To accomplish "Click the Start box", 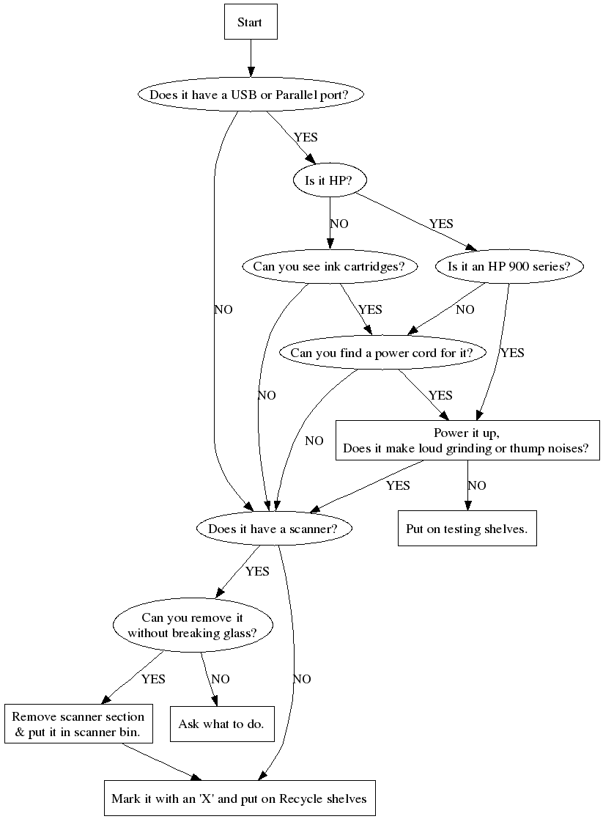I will click(x=250, y=22).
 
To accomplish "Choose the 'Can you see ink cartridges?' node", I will click(x=329, y=266).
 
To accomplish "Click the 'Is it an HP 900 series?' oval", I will click(x=508, y=266).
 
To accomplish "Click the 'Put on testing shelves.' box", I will click(x=467, y=528).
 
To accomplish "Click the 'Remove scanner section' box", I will click(x=78, y=724).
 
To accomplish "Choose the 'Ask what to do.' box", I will click(x=221, y=724).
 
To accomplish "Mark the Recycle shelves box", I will click(x=239, y=798).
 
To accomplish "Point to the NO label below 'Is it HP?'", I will click(x=339, y=224).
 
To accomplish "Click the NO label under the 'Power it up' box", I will click(x=476, y=485).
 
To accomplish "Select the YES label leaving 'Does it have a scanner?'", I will click(x=257, y=571).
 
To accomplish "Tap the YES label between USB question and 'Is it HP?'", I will click(x=306, y=137).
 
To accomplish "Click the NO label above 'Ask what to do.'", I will click(x=220, y=679).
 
